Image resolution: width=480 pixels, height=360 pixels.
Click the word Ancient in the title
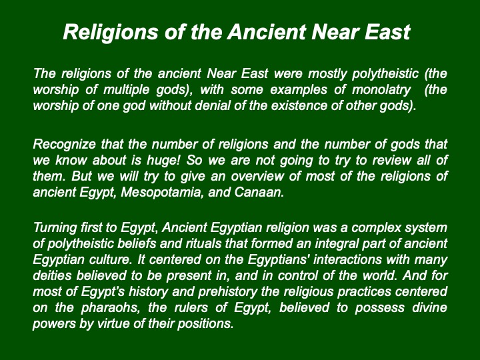(x=267, y=32)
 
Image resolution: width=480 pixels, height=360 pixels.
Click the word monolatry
(x=381, y=90)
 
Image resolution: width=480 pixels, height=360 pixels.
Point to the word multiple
(x=127, y=90)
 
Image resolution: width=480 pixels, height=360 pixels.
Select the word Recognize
(x=64, y=145)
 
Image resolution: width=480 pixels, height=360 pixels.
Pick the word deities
(x=52, y=275)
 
